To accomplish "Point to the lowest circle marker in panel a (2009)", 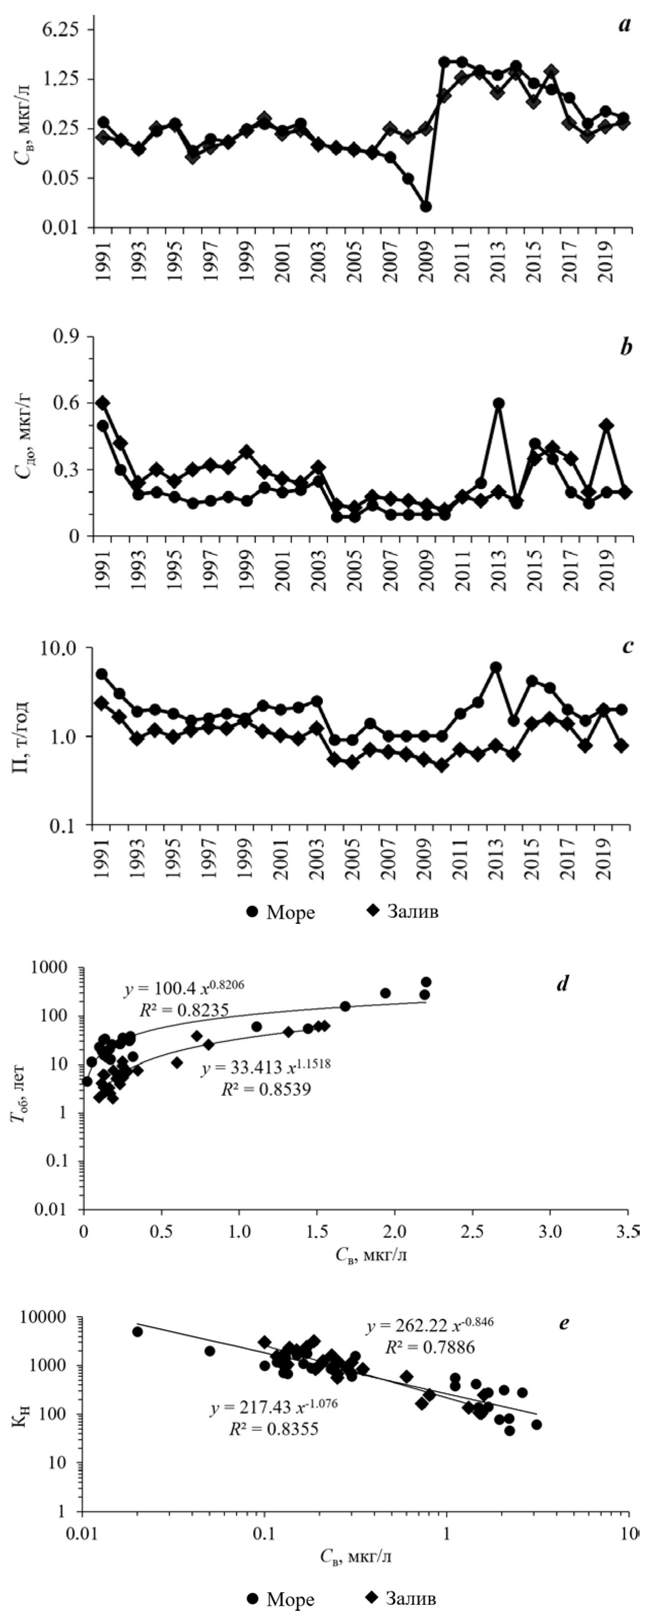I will (426, 206).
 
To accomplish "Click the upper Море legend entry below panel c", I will (280, 912).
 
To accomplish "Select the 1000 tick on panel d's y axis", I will (61, 967).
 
